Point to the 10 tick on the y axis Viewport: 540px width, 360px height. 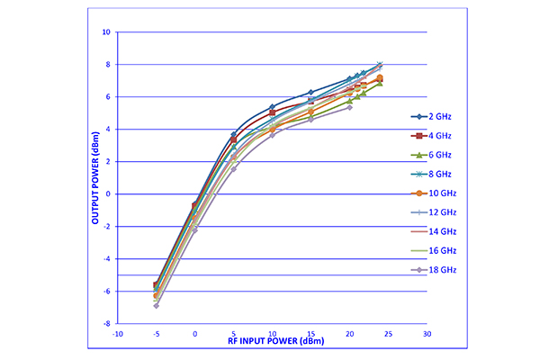click(x=106, y=32)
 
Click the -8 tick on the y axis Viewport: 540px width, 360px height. click(x=106, y=323)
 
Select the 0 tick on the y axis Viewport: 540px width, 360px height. click(x=108, y=194)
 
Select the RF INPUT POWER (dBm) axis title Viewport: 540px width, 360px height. click(x=272, y=342)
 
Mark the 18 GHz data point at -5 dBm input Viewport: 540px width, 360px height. click(x=156, y=305)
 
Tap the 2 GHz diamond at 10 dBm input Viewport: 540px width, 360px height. click(x=272, y=107)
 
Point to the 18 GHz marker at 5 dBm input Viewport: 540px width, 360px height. click(x=233, y=168)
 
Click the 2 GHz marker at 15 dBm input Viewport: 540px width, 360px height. click(x=310, y=93)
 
